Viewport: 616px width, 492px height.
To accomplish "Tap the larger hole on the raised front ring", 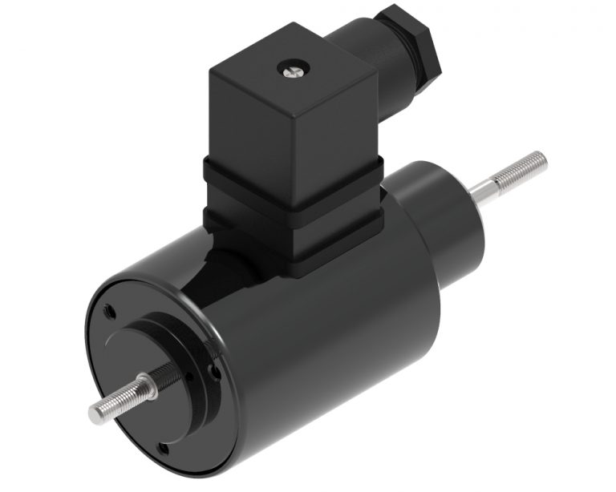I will (x=211, y=372).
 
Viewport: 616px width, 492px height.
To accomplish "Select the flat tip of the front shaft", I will (x=94, y=413).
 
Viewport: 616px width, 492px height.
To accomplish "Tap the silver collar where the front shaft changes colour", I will (x=144, y=388).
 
